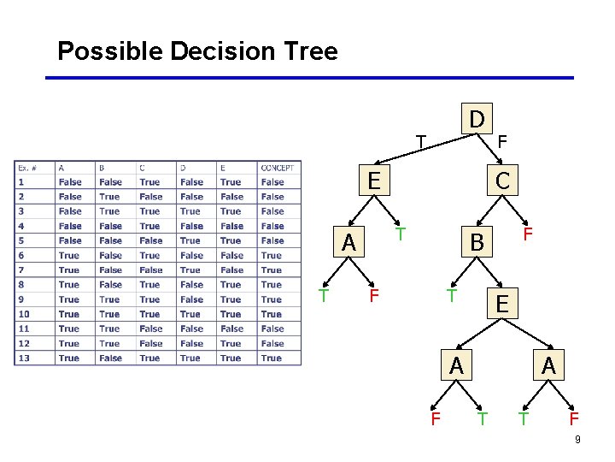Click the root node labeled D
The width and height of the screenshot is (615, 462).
477,118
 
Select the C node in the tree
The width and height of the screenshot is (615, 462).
502,181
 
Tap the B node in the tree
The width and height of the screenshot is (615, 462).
477,243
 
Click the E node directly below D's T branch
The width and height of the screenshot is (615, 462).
373,181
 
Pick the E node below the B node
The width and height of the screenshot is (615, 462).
502,304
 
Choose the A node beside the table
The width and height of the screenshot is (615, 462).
348,243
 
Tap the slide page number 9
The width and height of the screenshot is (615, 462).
578,440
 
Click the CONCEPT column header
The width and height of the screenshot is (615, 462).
278,168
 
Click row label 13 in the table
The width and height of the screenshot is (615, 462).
24,358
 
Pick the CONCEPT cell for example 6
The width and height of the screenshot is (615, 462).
272,256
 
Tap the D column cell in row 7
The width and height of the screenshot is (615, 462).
190,270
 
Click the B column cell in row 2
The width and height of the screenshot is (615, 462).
110,197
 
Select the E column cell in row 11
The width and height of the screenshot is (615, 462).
231,329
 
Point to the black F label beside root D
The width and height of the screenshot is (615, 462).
502,140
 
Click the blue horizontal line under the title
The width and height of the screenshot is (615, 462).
307,78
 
